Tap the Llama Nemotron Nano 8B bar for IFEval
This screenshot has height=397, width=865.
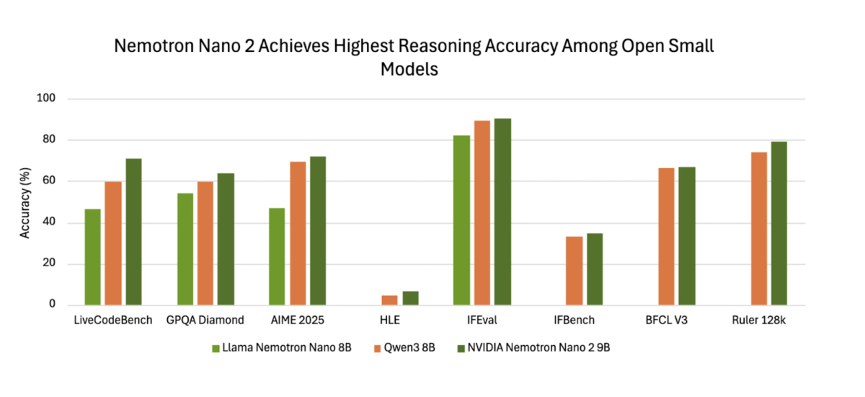(x=461, y=220)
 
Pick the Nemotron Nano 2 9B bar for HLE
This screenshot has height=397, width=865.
(x=410, y=298)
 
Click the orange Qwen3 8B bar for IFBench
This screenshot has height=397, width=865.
(x=574, y=271)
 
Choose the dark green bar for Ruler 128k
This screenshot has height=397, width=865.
(x=778, y=224)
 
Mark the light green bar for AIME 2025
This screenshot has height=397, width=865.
(x=277, y=256)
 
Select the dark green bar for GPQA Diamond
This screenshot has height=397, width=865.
(x=226, y=239)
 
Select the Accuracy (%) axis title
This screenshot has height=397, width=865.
(x=25, y=202)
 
